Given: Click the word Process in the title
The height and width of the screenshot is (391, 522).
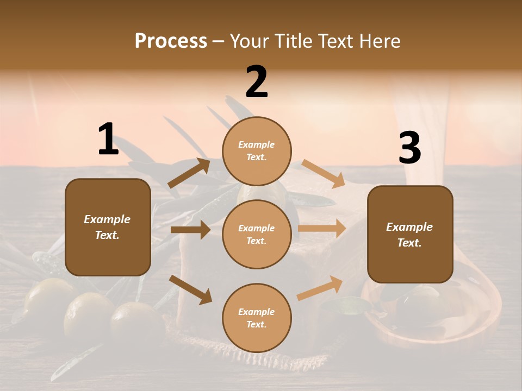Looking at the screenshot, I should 171,41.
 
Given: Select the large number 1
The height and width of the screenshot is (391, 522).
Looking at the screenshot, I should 108,139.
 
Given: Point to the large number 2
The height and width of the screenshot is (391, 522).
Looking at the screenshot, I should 257,82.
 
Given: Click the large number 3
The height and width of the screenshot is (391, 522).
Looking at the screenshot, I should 409,148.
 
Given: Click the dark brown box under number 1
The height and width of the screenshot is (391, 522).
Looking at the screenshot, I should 108,227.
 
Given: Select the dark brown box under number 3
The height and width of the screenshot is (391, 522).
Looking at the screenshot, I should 410,235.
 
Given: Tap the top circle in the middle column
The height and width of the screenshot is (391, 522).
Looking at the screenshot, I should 257,151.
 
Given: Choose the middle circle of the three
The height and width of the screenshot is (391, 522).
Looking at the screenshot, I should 257,235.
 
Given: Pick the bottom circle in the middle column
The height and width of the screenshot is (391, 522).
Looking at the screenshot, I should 257,318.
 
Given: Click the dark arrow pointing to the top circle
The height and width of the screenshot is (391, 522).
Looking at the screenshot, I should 189,173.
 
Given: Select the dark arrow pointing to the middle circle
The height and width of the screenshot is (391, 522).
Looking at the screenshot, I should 190,230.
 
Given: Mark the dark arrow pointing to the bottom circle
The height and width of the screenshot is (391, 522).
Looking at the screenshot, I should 190,289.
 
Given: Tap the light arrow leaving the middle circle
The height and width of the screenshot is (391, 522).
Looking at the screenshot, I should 322,229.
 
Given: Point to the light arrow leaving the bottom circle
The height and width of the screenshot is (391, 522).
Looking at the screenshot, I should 320,288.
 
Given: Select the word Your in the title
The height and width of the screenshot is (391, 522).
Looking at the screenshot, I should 248,41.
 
